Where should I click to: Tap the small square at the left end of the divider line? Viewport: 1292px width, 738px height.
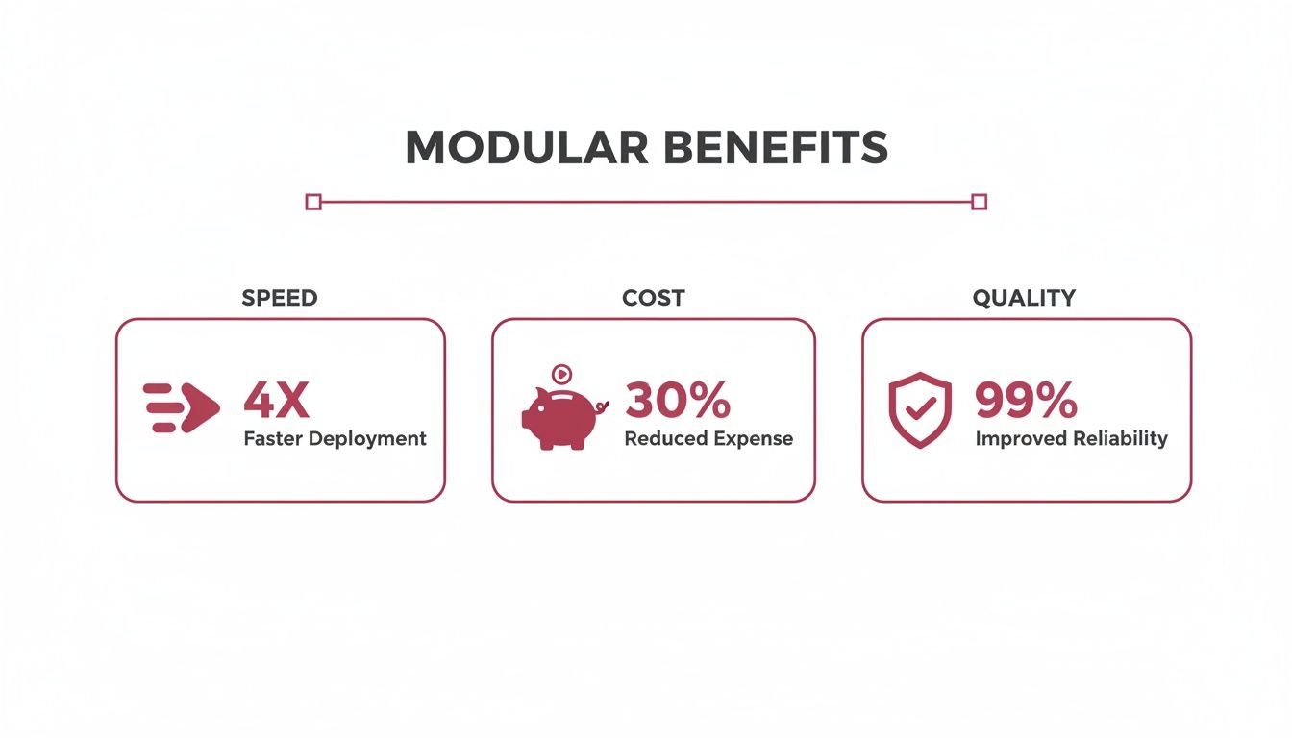point(312,202)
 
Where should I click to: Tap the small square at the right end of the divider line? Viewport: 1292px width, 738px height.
point(979,202)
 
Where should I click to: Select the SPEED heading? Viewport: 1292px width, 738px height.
point(279,298)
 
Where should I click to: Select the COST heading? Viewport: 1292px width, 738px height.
point(653,298)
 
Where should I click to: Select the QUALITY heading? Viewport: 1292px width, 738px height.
point(1025,298)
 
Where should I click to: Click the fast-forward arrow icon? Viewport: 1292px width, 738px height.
point(182,407)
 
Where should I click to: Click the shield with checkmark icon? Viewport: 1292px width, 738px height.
point(920,410)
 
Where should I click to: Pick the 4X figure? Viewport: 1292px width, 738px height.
point(276,400)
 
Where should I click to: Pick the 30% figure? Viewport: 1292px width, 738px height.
point(677,400)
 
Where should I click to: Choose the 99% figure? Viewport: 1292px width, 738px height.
point(1026,400)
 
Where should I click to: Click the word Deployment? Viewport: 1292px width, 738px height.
point(369,439)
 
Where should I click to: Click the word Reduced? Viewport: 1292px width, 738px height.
point(665,438)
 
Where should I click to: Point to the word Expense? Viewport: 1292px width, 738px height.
point(753,439)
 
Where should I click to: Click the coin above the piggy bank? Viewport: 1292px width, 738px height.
point(562,374)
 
